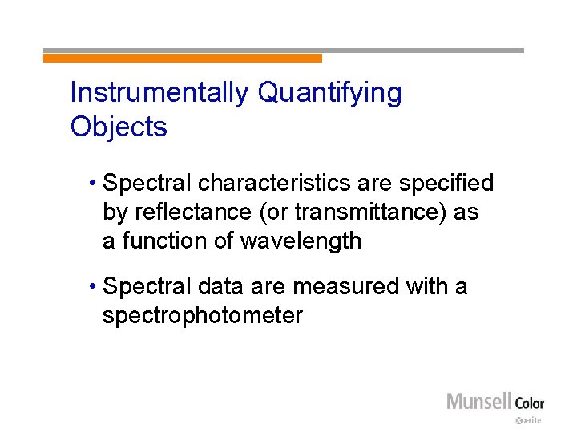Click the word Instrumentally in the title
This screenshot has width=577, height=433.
point(159,93)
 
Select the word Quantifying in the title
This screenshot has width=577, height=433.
point(329,93)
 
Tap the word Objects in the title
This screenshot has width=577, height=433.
point(119,127)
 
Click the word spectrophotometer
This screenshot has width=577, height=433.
point(202,315)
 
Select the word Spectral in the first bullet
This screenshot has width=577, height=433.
point(147,184)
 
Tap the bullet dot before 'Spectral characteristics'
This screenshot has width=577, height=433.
point(94,184)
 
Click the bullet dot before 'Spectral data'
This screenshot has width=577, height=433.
point(94,286)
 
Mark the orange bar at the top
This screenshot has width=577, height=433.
point(183,58)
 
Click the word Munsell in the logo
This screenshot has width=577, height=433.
point(478,401)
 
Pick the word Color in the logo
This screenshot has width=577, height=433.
point(529,403)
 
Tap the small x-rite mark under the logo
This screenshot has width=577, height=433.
point(530,419)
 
